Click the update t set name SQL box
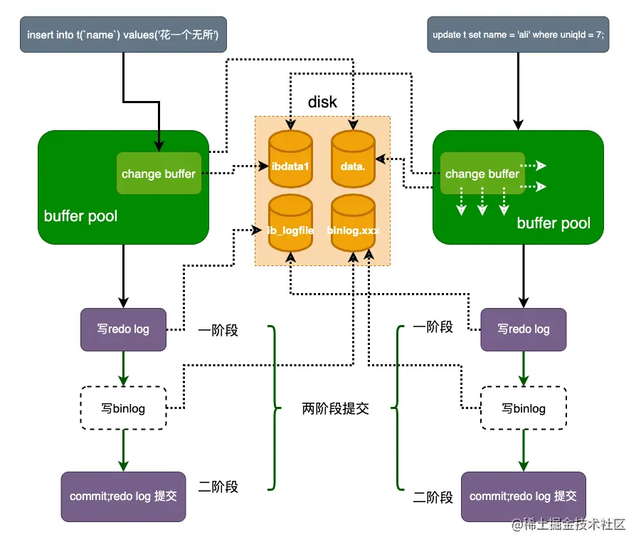click(517, 34)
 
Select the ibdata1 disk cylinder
click(290, 159)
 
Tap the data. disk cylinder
click(353, 159)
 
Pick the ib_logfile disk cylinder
click(290, 223)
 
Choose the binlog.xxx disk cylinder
click(353, 223)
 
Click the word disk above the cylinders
click(322, 102)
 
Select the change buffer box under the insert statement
click(158, 174)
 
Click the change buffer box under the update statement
click(482, 174)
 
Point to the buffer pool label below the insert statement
click(80, 216)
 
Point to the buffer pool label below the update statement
click(553, 223)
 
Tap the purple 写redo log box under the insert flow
click(123, 329)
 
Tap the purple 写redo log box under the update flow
click(523, 329)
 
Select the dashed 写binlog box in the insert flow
click(123, 408)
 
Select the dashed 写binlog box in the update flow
click(523, 408)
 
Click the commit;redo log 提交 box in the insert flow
click(123, 496)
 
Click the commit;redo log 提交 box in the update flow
click(523, 496)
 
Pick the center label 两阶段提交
click(335, 409)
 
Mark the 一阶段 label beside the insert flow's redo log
click(218, 330)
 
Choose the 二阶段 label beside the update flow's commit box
click(433, 497)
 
